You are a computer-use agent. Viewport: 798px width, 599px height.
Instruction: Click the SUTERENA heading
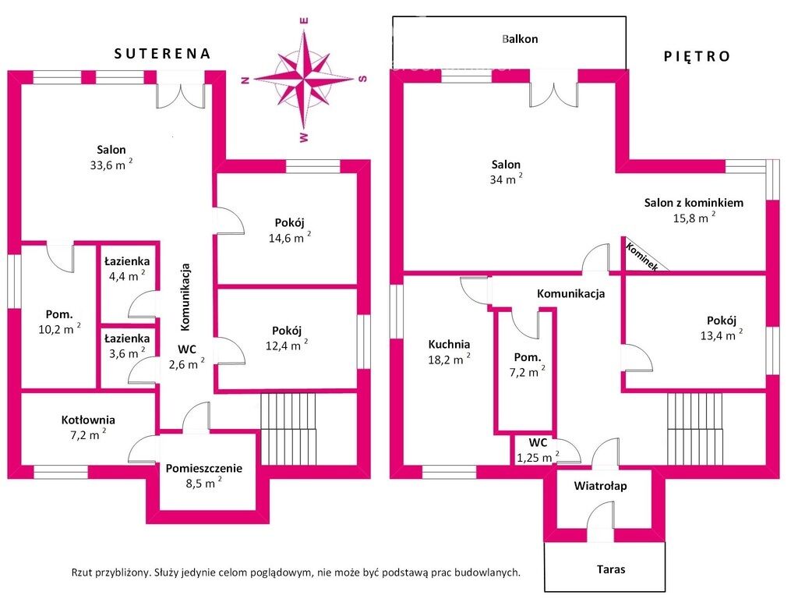click(162, 54)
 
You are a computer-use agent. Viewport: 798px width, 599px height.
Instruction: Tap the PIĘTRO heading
click(697, 56)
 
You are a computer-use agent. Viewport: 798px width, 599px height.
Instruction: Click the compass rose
click(304, 80)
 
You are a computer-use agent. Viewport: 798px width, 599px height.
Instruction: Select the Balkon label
click(520, 39)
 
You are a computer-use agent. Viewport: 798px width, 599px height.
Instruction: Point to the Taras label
click(611, 569)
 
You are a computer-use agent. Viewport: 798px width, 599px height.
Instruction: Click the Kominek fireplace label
click(642, 256)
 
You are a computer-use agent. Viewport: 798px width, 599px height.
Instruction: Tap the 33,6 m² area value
click(111, 165)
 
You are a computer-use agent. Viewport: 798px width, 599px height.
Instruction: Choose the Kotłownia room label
click(88, 420)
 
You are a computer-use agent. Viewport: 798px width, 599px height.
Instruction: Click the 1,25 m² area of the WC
click(538, 457)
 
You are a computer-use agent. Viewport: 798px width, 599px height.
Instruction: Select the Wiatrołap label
click(601, 486)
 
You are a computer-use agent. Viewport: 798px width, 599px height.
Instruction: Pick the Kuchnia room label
click(449, 344)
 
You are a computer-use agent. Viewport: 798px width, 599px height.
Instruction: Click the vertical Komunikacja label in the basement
click(185, 296)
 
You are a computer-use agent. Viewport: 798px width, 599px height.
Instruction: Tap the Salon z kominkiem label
click(694, 203)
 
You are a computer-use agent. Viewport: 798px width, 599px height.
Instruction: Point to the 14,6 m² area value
click(290, 237)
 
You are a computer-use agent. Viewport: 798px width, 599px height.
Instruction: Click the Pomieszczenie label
click(203, 468)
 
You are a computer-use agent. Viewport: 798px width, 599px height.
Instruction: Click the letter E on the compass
click(305, 21)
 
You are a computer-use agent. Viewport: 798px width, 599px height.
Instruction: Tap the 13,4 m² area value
click(721, 335)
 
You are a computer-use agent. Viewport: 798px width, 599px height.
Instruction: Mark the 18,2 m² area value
click(449, 360)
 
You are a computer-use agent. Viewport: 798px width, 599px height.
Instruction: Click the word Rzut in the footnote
click(82, 572)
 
